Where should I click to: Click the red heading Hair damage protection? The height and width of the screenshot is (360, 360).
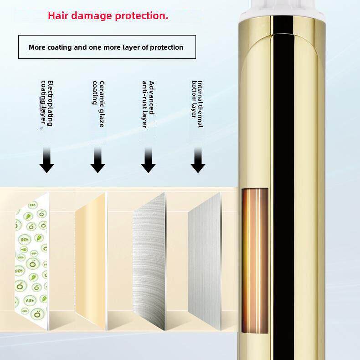point(108,15)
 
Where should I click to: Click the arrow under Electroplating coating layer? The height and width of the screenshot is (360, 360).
point(46,162)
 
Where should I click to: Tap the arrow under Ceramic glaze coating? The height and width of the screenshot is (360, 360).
point(98,162)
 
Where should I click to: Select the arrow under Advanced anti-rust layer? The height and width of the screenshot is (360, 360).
point(148,162)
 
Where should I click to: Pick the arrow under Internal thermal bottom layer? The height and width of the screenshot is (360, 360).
point(198,162)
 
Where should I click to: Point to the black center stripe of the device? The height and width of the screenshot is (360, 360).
point(284,182)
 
